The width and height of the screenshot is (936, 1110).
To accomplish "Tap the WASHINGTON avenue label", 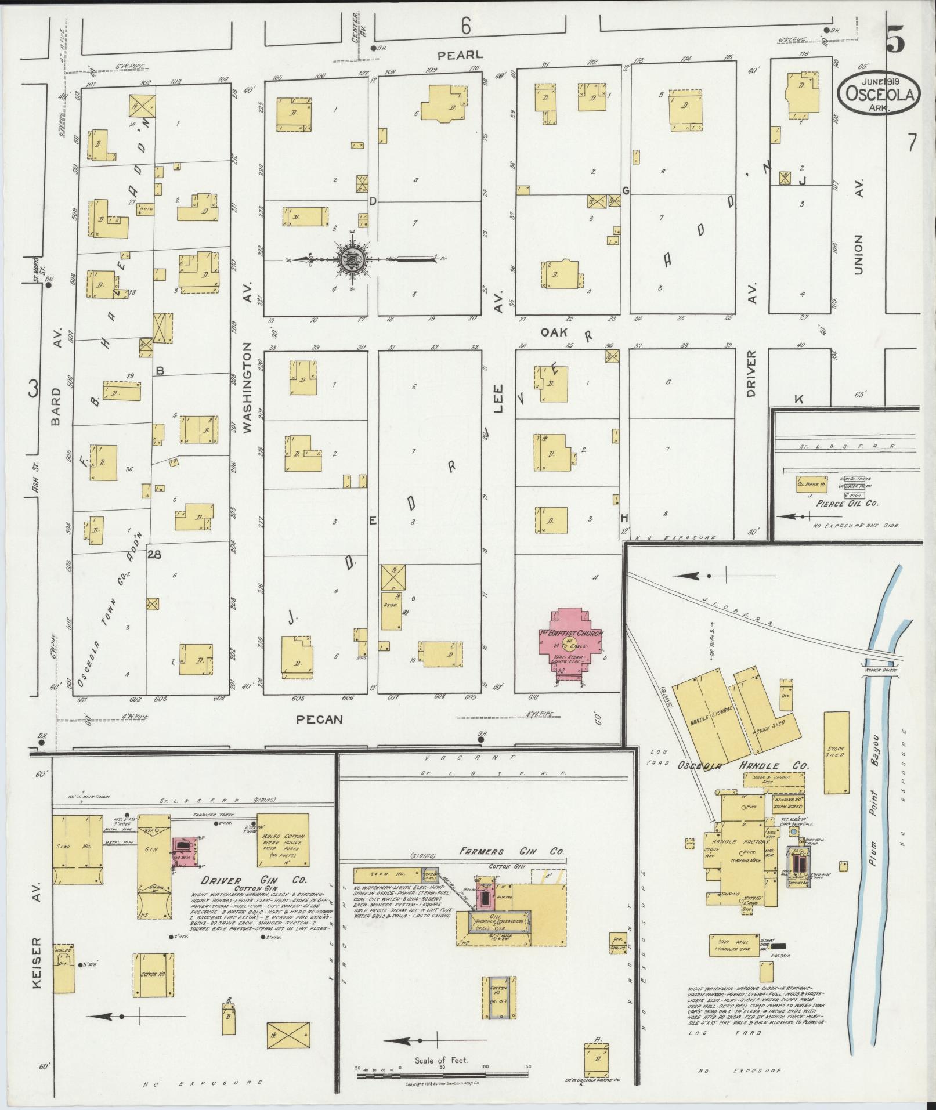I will coord(247,387).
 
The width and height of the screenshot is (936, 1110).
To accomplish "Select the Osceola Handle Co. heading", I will coord(743,766).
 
